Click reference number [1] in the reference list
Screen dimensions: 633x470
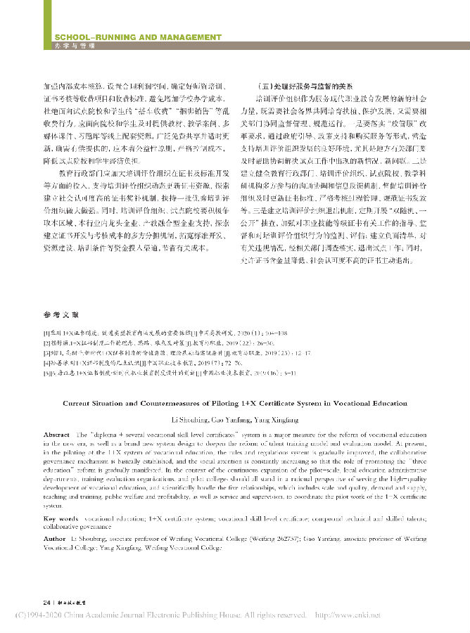46,331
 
